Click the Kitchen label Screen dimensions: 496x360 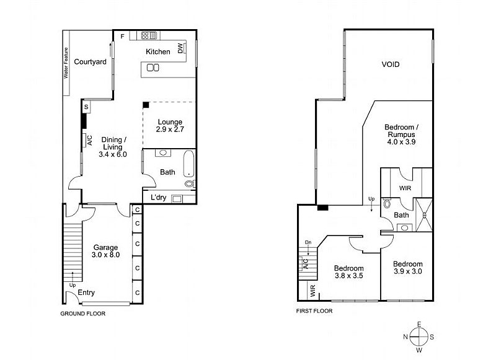coord(158,51)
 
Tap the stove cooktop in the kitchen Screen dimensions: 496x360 coord(149,35)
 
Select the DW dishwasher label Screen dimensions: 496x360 coord(180,48)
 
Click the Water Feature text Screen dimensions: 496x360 coord(66,63)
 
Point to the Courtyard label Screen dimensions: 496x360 coord(90,61)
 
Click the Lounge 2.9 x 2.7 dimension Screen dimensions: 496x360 coord(170,130)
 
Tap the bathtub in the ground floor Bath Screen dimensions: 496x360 coord(188,164)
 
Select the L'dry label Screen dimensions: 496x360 coord(159,198)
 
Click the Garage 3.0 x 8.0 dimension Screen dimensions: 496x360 coord(105,255)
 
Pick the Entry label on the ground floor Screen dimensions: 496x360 coord(86,292)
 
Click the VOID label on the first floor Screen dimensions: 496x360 coord(391,64)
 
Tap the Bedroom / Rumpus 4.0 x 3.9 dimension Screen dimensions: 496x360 coord(401,142)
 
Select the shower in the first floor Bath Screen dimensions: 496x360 coord(423,215)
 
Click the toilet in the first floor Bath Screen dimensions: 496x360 coord(387,204)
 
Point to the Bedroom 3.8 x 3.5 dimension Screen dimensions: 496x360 coord(349,276)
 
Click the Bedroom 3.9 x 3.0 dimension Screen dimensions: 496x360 coord(408,271)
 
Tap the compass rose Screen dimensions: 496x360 coord(419,337)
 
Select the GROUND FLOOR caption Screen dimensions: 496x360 coord(83,314)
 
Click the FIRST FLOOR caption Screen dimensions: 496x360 coord(314,311)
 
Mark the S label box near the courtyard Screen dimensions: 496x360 coord(86,107)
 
